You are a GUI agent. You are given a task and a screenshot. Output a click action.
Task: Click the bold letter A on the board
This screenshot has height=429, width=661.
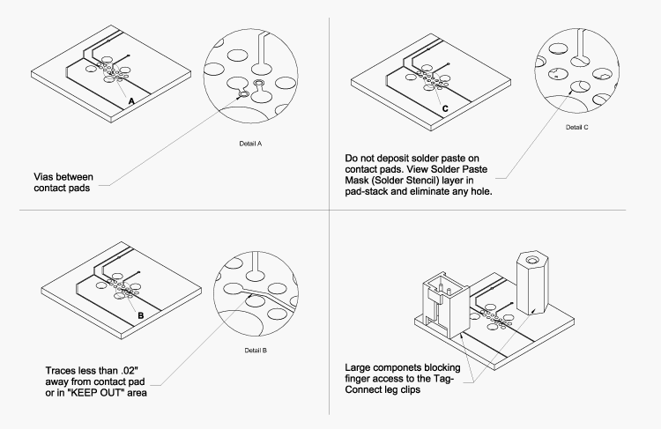[131, 102]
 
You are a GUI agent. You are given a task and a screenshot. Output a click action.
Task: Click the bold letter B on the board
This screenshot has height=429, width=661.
[141, 314]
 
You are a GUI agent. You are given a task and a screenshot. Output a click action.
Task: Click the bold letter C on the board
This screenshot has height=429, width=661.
[445, 108]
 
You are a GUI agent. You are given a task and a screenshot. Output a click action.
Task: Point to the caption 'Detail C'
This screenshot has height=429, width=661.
[576, 127]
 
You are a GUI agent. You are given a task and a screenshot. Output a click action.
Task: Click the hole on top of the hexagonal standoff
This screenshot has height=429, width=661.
[531, 258]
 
